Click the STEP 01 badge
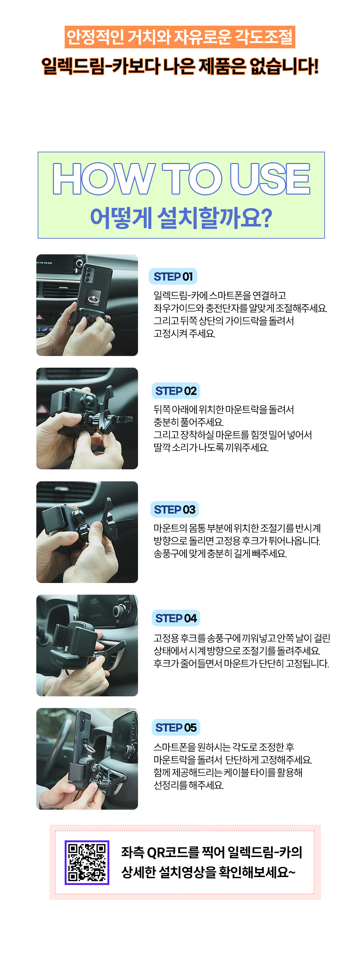[x=173, y=276]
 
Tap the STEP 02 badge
[x=176, y=391]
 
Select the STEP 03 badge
[x=175, y=509]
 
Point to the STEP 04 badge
[x=176, y=618]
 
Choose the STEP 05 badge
[x=176, y=727]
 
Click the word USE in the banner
[x=270, y=179]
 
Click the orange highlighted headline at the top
[x=180, y=37]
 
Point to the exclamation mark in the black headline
[x=315, y=66]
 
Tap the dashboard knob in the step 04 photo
[x=119, y=611]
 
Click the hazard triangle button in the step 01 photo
[x=40, y=317]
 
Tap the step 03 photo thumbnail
[x=87, y=532]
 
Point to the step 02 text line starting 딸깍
[x=211, y=447]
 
